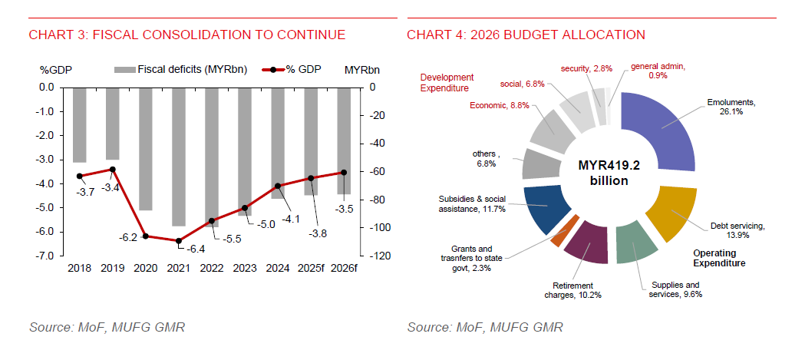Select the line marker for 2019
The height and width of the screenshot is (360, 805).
point(112,169)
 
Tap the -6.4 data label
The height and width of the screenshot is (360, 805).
point(196,249)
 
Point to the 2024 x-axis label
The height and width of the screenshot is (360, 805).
point(276,267)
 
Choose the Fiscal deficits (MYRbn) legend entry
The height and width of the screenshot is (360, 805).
point(173,70)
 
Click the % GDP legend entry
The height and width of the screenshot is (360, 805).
point(294,70)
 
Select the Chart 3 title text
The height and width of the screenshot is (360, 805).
point(186,35)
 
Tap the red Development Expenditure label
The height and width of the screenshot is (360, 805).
point(447,83)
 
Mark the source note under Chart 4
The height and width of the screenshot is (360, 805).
point(485,328)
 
